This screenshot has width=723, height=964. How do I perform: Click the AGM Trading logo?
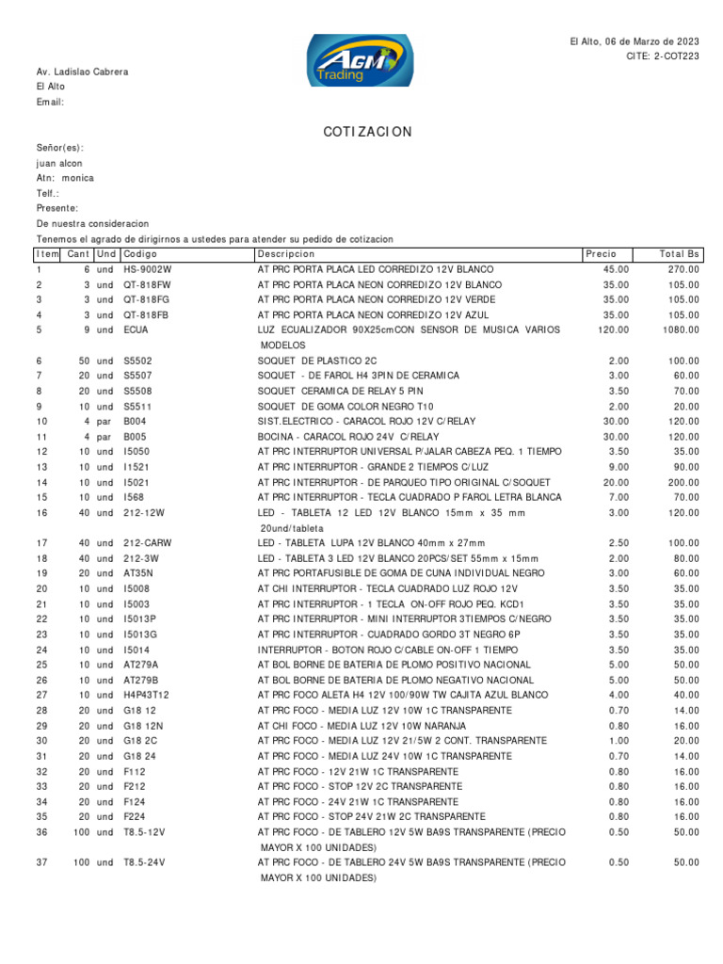360,61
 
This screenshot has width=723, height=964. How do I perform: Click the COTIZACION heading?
367,132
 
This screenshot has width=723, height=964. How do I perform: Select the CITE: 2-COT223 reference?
663,56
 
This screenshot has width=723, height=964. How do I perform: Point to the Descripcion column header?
286,254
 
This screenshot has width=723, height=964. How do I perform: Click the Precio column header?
601,254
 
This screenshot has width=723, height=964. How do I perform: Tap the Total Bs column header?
680,254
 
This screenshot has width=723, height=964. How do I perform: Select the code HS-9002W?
149,269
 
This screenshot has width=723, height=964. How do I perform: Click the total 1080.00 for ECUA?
680,329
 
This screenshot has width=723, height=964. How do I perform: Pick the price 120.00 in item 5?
613,329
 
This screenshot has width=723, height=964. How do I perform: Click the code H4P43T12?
146,695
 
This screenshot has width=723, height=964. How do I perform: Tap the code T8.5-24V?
144,862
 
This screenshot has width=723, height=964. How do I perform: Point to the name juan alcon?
59,163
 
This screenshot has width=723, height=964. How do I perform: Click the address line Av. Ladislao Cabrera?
83,72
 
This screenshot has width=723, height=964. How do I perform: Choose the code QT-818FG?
147,299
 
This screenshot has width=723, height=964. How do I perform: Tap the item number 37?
41,862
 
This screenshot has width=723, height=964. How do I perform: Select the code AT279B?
141,680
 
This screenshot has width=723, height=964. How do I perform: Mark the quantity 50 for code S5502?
84,361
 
